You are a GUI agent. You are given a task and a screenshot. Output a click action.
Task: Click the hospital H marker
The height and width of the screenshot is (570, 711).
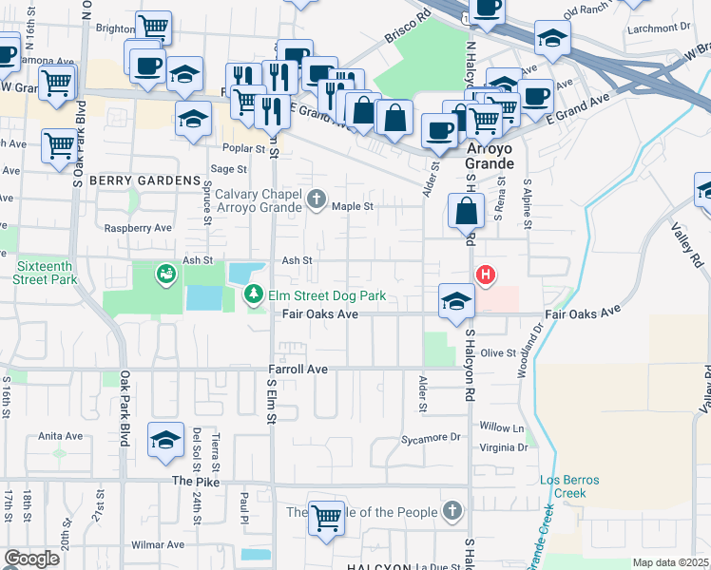(486, 276)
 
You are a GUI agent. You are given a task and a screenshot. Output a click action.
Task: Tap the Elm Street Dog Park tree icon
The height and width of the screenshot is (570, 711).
(254, 295)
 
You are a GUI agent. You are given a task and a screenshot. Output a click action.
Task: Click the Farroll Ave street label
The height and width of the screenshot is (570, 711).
(298, 369)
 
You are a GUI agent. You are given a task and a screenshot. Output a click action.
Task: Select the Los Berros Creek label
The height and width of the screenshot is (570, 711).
(569, 486)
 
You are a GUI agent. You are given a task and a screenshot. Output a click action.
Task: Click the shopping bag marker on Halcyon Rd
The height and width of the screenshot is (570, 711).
(467, 211)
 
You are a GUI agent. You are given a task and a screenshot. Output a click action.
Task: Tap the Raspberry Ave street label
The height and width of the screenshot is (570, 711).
(138, 228)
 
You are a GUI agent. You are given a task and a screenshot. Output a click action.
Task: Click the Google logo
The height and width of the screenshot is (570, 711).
(31, 559)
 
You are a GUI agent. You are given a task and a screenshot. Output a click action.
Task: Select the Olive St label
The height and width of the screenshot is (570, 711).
(498, 352)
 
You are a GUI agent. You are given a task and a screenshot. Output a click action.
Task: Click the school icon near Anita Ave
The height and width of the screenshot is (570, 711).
(165, 440)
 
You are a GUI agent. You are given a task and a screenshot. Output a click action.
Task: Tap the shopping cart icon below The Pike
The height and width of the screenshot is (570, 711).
(326, 518)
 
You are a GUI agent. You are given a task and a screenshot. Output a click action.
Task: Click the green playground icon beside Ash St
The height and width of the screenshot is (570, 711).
(166, 274)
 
